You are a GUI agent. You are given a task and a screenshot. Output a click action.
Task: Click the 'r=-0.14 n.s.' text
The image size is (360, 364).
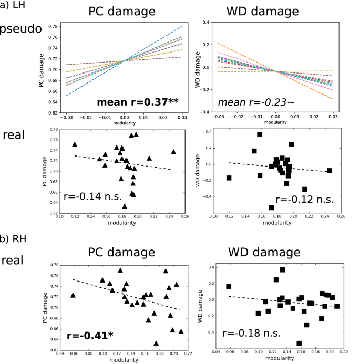point(92,197)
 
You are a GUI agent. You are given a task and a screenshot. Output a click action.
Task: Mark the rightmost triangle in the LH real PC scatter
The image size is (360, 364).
point(173,152)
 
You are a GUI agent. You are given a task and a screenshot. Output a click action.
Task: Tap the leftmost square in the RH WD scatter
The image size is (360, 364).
point(229,286)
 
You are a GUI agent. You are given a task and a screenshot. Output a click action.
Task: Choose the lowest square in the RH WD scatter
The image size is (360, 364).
point(299,343)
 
